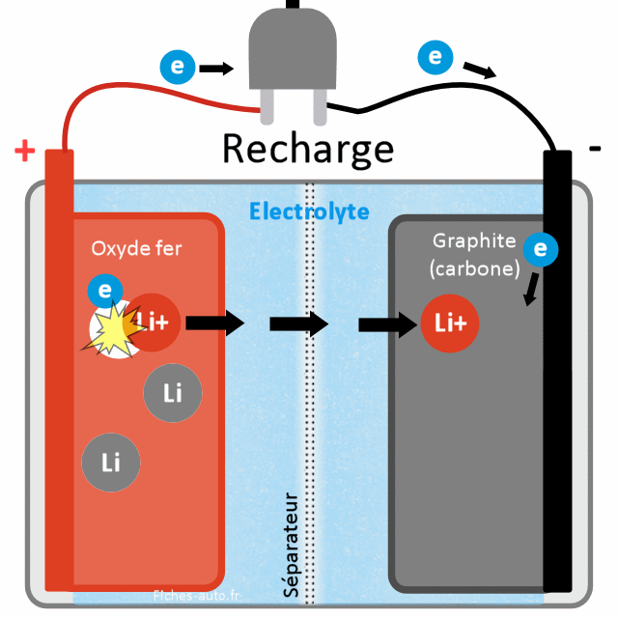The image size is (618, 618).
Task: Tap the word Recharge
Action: click(308, 150)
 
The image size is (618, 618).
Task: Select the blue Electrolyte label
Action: click(309, 211)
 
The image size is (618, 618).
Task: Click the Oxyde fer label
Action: click(136, 248)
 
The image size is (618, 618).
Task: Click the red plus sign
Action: click(25, 152)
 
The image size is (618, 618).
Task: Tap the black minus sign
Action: click(595, 148)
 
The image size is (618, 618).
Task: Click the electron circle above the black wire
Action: click(435, 57)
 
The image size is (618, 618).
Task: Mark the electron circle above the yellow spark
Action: click(104, 290)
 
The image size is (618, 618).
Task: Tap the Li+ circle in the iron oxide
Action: click(154, 323)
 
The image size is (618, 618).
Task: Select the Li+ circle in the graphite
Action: click(450, 323)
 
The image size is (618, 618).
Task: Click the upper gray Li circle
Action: click(173, 394)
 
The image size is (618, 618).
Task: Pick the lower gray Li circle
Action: click(111, 463)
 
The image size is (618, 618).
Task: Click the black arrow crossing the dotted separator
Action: click(299, 323)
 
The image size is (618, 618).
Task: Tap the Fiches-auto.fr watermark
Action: click(199, 596)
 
